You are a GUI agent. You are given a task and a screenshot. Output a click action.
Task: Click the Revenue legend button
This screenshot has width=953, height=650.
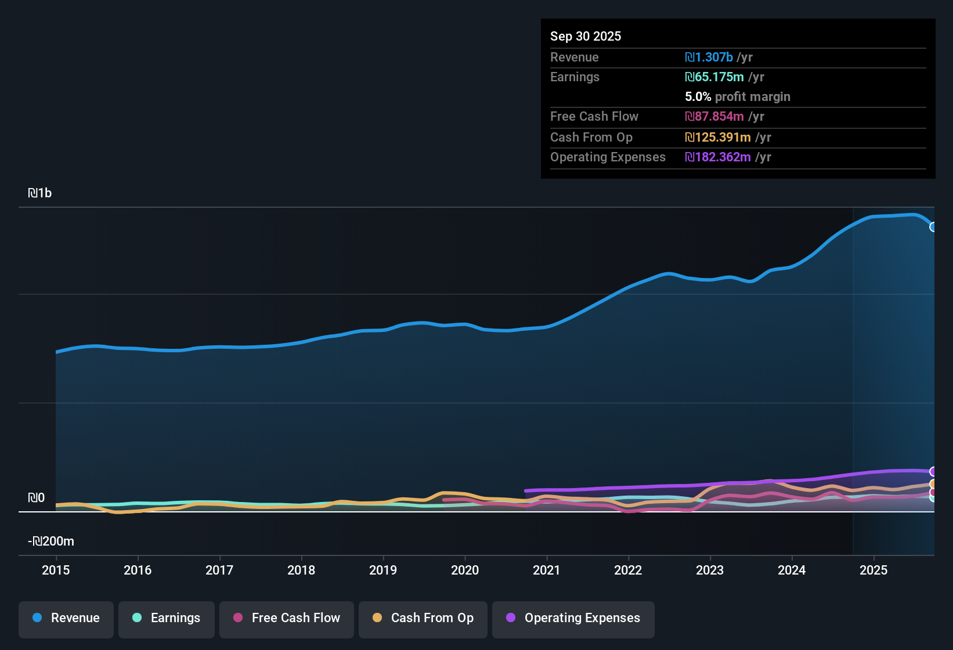[x=66, y=619]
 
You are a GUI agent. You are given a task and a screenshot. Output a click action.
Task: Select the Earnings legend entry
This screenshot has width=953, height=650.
[x=167, y=619]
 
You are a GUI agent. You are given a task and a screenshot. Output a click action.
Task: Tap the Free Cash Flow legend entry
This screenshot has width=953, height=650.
[x=287, y=619]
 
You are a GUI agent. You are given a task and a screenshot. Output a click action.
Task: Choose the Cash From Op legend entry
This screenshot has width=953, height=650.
[x=423, y=619]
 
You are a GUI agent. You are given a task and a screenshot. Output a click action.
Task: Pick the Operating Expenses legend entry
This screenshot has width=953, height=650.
[x=573, y=619]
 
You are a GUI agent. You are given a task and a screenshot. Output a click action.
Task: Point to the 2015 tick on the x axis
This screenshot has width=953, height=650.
[x=56, y=570]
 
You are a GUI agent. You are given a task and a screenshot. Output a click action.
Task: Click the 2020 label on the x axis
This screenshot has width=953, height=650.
[x=465, y=570]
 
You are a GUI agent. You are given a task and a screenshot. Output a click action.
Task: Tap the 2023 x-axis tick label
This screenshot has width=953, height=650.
[x=710, y=570]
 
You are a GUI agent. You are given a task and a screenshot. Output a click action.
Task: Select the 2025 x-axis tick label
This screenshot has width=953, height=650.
[x=873, y=570]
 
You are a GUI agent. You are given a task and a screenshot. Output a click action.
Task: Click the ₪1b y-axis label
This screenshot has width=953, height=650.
[x=40, y=193]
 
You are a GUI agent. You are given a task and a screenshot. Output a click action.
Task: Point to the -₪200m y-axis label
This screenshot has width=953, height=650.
[x=51, y=541]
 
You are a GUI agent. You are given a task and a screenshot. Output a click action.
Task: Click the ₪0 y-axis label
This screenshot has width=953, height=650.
[x=37, y=498]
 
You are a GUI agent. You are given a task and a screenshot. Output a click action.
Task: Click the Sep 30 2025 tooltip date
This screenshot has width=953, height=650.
[x=586, y=37]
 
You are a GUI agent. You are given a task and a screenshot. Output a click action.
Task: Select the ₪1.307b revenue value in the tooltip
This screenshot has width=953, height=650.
[x=709, y=57]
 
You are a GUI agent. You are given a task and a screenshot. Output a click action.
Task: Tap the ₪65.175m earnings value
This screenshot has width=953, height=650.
[x=714, y=77]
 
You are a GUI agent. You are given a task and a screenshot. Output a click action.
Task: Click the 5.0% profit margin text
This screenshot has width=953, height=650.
[x=738, y=97]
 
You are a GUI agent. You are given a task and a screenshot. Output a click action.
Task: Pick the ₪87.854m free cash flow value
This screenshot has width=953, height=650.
[x=714, y=117]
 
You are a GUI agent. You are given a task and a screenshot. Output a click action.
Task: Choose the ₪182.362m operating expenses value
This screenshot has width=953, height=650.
[x=718, y=157]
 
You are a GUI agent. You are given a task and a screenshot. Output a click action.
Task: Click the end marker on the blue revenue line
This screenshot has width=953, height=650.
[x=933, y=227]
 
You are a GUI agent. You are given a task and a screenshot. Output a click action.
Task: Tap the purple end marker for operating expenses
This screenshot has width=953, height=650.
[x=933, y=471]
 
